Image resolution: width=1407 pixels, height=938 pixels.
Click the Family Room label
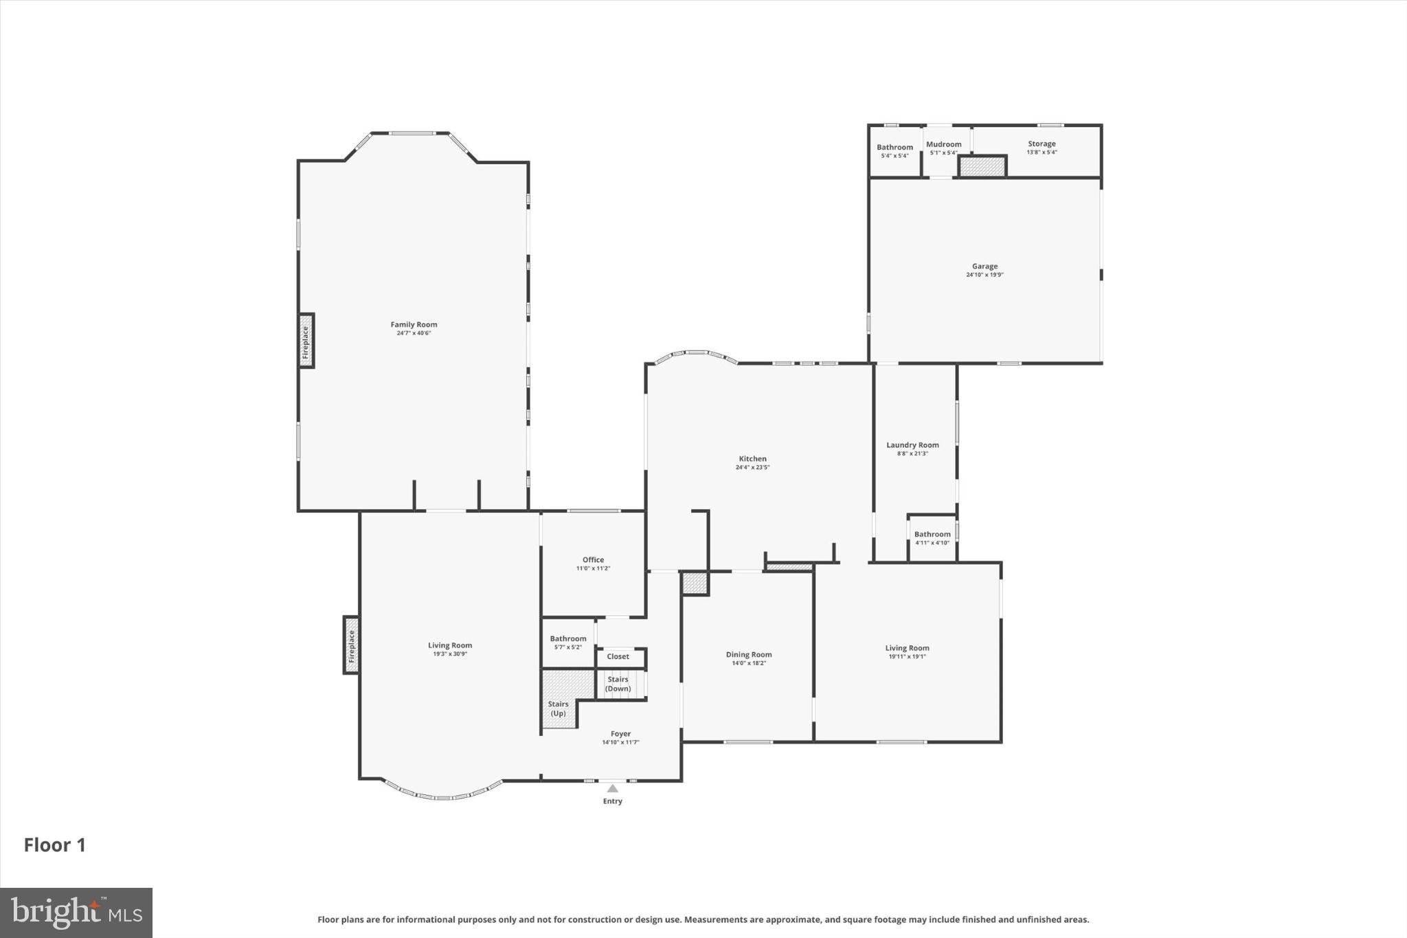click(414, 324)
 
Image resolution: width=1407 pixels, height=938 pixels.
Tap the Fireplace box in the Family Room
click(306, 341)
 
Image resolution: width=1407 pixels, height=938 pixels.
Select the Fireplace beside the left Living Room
click(351, 645)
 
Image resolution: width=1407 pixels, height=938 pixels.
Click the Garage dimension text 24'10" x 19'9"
click(984, 275)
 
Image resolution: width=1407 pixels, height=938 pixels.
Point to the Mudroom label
click(943, 144)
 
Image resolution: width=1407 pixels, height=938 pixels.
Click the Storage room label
click(1042, 144)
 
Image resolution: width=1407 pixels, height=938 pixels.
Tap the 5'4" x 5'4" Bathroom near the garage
click(894, 150)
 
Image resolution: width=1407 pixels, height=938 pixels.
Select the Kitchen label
click(752, 458)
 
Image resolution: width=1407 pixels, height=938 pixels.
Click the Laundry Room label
click(912, 445)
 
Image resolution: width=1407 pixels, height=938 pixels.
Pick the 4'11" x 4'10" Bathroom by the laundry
click(932, 537)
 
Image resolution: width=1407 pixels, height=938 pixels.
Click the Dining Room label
click(749, 654)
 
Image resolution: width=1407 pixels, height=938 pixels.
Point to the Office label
click(593, 559)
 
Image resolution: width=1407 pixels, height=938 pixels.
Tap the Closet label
click(618, 656)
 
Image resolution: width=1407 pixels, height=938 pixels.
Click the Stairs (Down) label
click(618, 684)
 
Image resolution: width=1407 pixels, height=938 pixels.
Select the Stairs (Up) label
click(558, 708)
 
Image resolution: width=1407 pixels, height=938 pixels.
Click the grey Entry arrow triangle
click(612, 788)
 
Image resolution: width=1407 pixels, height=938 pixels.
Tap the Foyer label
click(620, 734)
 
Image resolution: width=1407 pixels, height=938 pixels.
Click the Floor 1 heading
click(55, 845)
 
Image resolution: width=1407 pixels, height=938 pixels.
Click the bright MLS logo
click(76, 912)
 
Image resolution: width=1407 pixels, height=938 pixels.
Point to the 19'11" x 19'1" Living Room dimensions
click(907, 656)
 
